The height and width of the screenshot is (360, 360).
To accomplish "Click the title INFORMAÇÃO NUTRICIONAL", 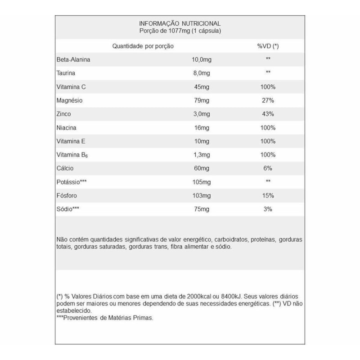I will point(180,23).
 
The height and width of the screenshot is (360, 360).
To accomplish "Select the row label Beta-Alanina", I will point(72,59).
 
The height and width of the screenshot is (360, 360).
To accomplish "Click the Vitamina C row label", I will point(71,86).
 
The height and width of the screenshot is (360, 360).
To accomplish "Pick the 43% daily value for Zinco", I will point(267,114).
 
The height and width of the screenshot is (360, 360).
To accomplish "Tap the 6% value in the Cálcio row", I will point(267,168).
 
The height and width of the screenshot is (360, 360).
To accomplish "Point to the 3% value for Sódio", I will point(267,210).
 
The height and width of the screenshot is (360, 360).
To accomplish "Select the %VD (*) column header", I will point(268,46).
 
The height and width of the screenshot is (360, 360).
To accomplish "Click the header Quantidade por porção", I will point(143,46).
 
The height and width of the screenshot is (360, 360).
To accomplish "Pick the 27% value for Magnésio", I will point(267,100).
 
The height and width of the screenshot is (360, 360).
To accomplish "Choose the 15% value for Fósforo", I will point(267,196).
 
